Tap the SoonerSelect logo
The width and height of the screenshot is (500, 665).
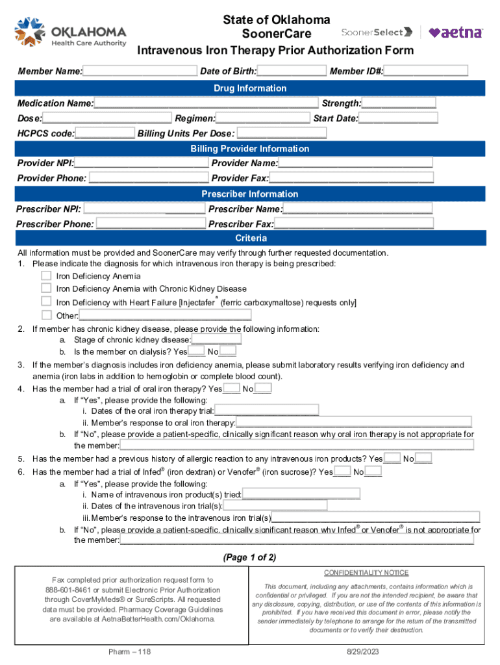click(x=377, y=32)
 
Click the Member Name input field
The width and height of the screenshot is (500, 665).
click(x=140, y=71)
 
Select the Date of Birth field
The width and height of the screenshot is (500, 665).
click(x=292, y=71)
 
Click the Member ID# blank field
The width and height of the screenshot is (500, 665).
click(x=426, y=71)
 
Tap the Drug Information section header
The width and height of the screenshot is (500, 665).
click(x=250, y=88)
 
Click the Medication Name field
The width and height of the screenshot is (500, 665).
click(x=206, y=103)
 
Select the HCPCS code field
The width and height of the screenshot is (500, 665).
click(x=105, y=134)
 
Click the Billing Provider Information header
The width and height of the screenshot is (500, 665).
click(x=250, y=149)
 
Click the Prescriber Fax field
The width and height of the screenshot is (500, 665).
click(x=353, y=224)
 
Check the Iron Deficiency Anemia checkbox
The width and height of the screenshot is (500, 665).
click(x=46, y=275)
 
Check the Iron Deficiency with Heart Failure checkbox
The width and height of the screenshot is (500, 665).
click(x=46, y=301)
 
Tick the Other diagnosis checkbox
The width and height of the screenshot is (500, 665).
click(x=46, y=315)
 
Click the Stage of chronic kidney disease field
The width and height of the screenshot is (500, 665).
click(x=217, y=340)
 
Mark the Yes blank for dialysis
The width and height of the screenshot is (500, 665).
click(x=197, y=352)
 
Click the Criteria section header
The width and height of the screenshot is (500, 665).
click(x=250, y=238)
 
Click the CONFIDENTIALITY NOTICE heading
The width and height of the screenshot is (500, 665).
click(x=366, y=573)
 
